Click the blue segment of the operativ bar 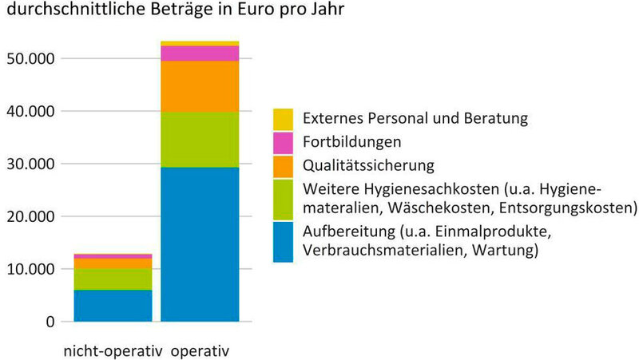[200, 243]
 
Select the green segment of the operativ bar [200, 139]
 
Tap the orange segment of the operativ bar [200, 86]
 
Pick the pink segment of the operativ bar [200, 53]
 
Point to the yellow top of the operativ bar [200, 43]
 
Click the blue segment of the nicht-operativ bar [113, 306]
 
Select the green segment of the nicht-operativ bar [113, 279]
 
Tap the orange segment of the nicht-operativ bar [113, 263]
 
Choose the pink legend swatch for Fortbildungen [283, 143]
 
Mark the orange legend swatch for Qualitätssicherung [283, 166]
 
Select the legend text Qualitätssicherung [368, 166]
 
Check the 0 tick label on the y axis [50, 322]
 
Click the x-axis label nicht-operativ [113, 350]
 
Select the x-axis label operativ [200, 350]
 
